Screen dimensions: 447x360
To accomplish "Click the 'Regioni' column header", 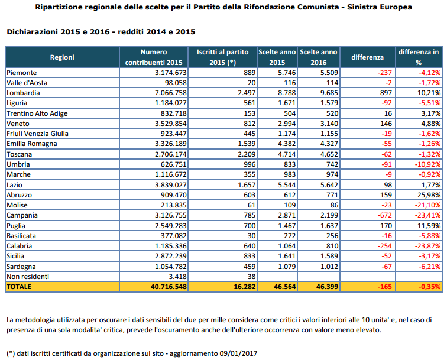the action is click(x=62, y=57).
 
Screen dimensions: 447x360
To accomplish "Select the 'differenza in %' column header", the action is click(x=419, y=57).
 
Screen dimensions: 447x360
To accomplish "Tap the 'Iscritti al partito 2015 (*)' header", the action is click(x=223, y=57).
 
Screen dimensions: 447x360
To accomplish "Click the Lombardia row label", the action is click(x=23, y=93).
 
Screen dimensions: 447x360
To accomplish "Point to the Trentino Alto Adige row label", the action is click(x=37, y=113).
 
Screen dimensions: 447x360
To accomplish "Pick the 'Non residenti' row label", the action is click(x=28, y=277).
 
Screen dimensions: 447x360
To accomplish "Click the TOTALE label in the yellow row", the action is click(x=19, y=287).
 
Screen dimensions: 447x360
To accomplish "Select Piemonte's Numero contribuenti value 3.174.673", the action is click(x=171, y=73).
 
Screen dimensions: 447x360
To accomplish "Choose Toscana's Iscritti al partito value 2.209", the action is click(x=247, y=154).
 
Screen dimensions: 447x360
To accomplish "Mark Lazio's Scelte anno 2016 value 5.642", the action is click(x=329, y=185).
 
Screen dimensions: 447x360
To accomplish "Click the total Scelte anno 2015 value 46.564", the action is click(x=285, y=287).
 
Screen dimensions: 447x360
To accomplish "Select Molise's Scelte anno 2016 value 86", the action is click(x=335, y=205).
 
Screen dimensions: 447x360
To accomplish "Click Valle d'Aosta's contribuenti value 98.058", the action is click(x=176, y=83).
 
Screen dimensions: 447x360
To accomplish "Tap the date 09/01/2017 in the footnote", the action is click(x=238, y=353).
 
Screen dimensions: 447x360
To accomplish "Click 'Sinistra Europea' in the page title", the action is click(x=380, y=7).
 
